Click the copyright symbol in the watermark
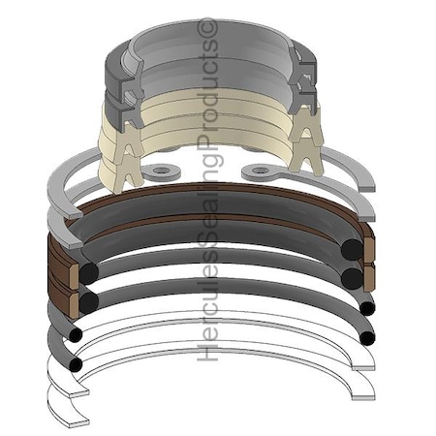point(207,26)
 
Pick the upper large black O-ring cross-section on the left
point(89,271)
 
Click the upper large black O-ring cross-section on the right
point(352,249)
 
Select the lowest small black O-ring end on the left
point(76,364)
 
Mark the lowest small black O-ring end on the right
point(367,337)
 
